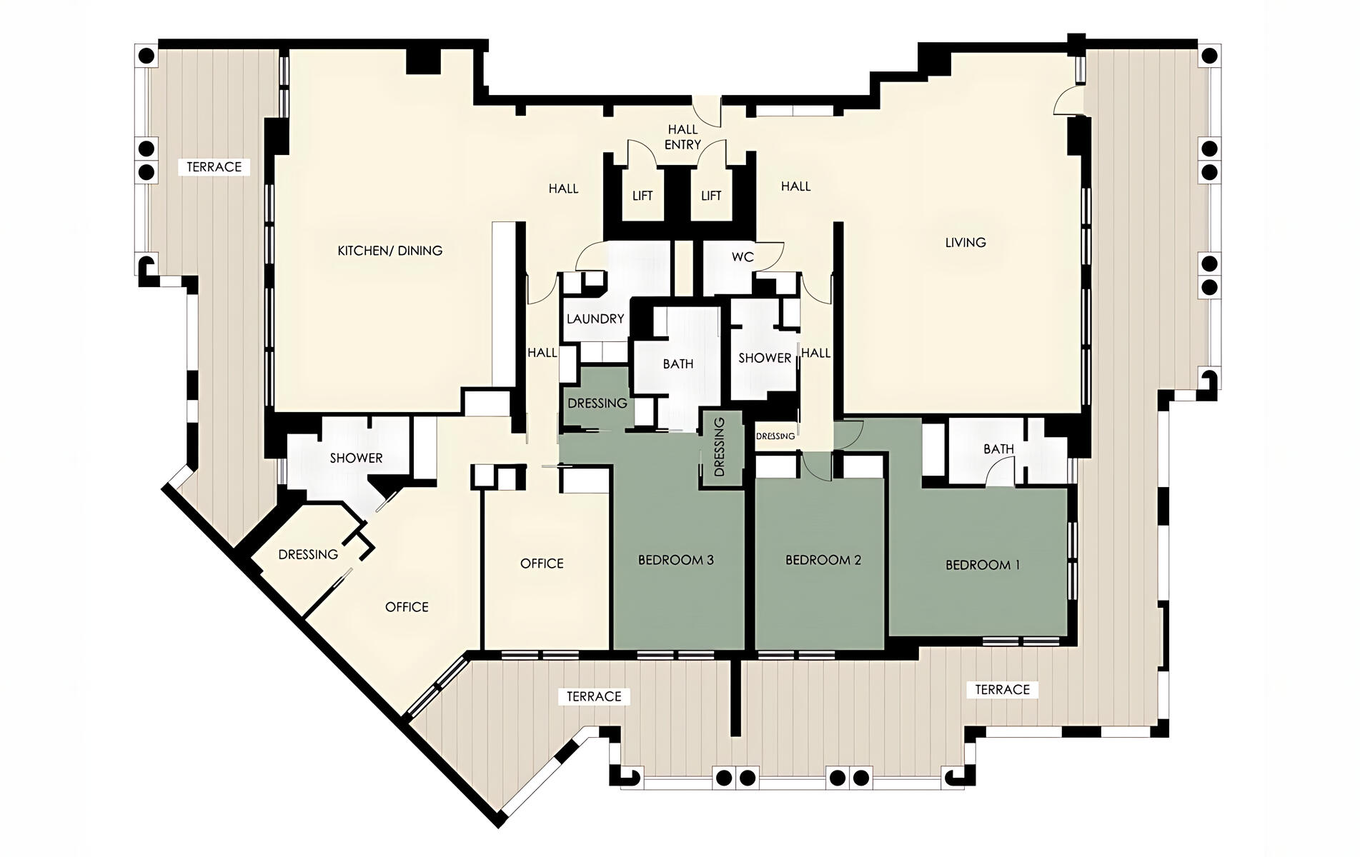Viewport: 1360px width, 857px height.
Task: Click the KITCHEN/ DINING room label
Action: tap(389, 251)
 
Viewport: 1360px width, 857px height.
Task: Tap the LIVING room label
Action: tap(966, 243)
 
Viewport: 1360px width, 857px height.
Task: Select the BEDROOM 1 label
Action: tap(983, 565)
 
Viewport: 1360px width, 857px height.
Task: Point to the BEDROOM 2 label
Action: tap(823, 560)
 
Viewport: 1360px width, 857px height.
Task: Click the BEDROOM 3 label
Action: tap(676, 560)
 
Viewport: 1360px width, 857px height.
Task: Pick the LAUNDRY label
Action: tap(595, 319)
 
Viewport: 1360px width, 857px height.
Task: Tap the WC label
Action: tap(743, 257)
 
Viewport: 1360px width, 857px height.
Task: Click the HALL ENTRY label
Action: tap(683, 137)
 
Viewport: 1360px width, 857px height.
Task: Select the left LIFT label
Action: tap(642, 196)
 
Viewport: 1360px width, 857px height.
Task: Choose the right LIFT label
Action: tap(711, 196)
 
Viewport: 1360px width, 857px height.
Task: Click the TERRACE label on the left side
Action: tap(214, 167)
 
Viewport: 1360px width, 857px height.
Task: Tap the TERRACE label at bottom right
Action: tap(1003, 690)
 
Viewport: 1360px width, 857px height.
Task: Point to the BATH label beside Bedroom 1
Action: tap(998, 449)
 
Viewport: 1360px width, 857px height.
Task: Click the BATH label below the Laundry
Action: tap(678, 364)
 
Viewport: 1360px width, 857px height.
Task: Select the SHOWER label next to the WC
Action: tap(765, 358)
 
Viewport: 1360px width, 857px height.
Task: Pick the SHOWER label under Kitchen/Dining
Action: tap(356, 458)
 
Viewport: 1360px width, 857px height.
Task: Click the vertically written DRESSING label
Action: tap(720, 447)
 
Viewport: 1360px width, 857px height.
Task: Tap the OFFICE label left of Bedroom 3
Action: tap(542, 564)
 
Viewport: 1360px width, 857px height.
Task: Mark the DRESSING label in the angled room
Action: tap(308, 554)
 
